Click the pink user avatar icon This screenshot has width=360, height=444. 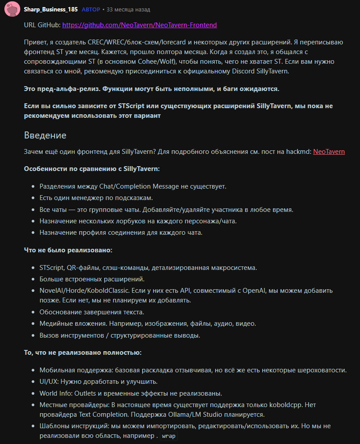point(11,10)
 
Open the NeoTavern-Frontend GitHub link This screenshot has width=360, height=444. point(140,25)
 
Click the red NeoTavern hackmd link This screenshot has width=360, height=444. point(329,152)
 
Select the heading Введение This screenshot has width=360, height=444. point(45,135)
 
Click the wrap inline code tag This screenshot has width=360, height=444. point(169,437)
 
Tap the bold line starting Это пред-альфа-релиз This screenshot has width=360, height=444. point(151,89)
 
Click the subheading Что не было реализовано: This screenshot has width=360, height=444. point(68,250)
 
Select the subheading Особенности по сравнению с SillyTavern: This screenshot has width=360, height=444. point(92,169)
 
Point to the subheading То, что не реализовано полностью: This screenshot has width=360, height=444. point(82,353)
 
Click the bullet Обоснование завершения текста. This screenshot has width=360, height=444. point(92,312)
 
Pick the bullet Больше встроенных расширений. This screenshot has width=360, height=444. point(92,279)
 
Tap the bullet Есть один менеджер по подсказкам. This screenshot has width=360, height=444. point(96,198)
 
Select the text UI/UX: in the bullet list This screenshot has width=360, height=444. point(50,382)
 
